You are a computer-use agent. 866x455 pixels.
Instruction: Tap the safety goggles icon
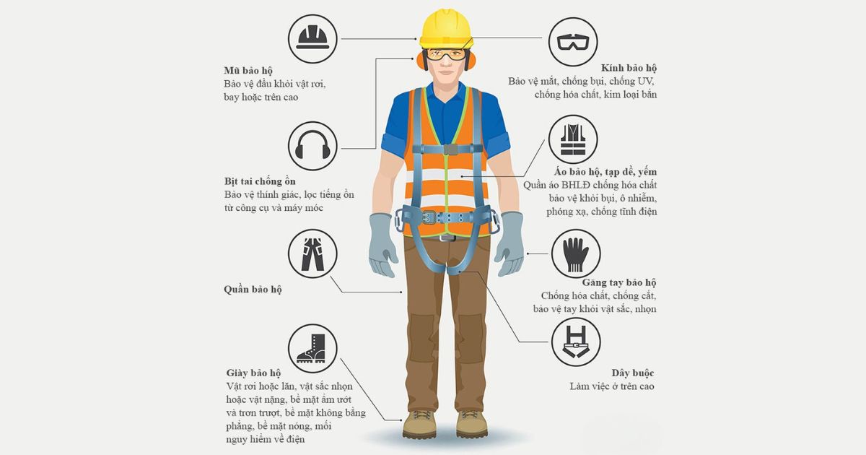point(573,42)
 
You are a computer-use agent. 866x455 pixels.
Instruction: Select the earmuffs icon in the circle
point(312,145)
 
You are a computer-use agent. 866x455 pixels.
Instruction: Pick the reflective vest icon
point(573,139)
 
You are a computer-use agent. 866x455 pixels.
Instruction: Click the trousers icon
point(312,254)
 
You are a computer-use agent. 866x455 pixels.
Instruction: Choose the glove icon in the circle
point(576,254)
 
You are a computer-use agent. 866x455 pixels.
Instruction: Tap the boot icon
point(312,348)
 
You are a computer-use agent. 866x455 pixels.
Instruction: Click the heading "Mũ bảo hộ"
point(248,71)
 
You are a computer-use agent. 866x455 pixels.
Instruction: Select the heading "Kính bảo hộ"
point(629,68)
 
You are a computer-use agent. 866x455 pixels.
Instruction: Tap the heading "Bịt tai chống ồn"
point(260,181)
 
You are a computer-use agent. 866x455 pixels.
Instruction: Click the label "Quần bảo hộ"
point(253,290)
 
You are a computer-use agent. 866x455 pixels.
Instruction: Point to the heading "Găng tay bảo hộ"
point(619,282)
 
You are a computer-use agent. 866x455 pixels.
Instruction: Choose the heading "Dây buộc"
point(632,373)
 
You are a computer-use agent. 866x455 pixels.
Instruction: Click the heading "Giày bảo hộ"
point(253,373)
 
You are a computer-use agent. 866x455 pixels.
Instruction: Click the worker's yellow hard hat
point(446,29)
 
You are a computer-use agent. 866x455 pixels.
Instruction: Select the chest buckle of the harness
point(448,149)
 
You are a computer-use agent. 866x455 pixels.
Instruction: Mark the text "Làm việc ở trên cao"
point(612,386)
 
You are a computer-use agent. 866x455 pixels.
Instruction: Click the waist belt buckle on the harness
point(429,217)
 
